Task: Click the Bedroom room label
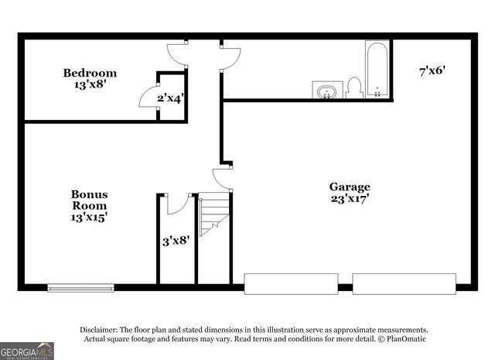click(90, 74)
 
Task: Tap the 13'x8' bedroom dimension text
click(90, 85)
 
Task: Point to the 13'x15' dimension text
click(90, 218)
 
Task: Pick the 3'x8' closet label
click(176, 241)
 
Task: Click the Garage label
click(350, 187)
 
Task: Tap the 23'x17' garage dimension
click(350, 198)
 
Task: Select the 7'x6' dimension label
click(432, 70)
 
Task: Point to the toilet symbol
click(354, 87)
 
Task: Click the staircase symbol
click(214, 215)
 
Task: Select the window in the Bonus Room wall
click(80, 288)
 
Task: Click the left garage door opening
click(291, 283)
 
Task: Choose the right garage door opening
click(404, 283)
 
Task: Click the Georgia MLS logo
click(27, 351)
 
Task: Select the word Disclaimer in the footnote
click(100, 329)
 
